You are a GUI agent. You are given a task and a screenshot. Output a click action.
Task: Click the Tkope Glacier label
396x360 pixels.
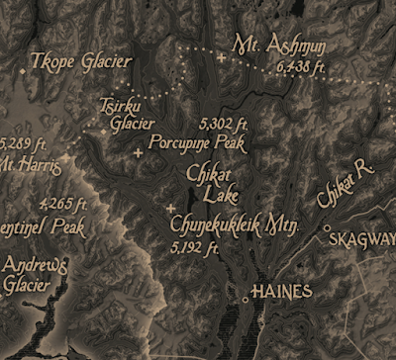point(81,61)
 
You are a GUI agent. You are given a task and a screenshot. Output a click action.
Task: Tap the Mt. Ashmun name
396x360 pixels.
point(282,46)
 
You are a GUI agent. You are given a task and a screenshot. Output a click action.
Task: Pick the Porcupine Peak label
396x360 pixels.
point(197,141)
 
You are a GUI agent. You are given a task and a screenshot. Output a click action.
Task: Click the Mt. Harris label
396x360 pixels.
point(30,164)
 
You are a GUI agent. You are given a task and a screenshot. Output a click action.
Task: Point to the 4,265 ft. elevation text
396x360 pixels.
point(64,205)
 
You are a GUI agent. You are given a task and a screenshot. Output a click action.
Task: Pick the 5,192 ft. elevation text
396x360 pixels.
point(194,247)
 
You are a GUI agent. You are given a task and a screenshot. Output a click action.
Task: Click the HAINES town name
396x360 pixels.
point(282,292)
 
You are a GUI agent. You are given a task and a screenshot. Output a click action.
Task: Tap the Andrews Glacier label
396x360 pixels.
point(34,275)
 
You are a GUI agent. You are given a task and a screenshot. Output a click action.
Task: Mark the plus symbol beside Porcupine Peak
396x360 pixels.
point(138,152)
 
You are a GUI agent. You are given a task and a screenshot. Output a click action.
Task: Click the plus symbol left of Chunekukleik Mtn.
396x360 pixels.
point(172,208)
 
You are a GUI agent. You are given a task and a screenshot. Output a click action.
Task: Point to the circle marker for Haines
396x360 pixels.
point(246,296)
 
